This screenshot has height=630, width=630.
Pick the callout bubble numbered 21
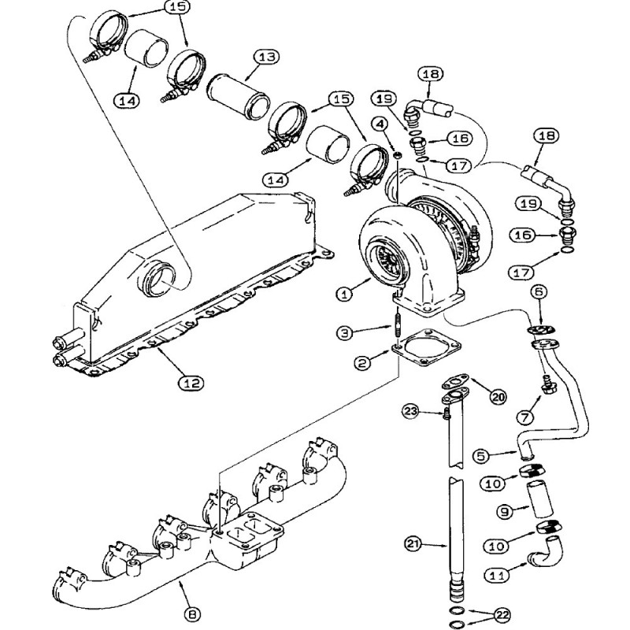(x=414, y=543)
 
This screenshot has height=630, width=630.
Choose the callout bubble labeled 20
(x=496, y=396)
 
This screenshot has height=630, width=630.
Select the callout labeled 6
(x=539, y=292)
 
